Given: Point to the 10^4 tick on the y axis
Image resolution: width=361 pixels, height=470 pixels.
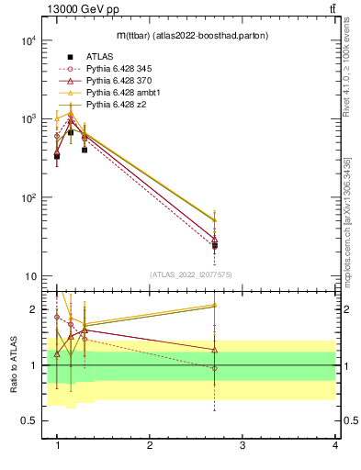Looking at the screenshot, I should pos(28,40).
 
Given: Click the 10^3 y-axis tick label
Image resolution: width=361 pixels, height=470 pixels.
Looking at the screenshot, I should pos(28,119).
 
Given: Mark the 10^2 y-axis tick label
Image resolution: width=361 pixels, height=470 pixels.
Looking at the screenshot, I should pos(28,198).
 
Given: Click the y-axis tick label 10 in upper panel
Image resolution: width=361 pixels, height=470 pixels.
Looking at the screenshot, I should pos(30,277).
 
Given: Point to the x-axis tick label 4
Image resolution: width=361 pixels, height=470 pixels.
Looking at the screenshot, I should pos(334,445).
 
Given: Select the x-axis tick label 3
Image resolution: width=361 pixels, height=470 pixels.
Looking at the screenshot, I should pos(243,445).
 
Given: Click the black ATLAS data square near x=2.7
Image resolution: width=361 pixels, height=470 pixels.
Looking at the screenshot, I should pos(214,246).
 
